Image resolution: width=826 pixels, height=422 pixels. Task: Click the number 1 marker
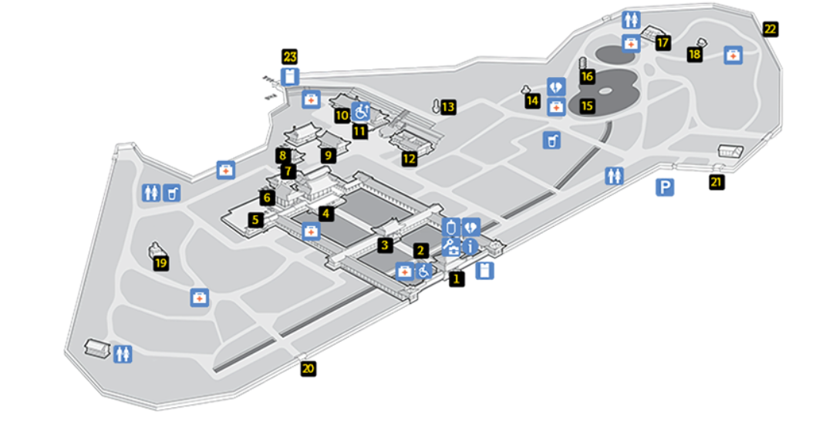pyautogui.click(x=457, y=279)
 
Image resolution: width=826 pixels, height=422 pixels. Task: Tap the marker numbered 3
pyautogui.click(x=384, y=246)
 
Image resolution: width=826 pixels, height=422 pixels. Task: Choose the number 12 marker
pyautogui.click(x=409, y=160)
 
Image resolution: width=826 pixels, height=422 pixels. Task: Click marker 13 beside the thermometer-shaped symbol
pyautogui.click(x=448, y=107)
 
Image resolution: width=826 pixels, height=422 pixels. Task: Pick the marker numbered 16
pyautogui.click(x=588, y=76)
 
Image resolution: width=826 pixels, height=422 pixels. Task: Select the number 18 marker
pyautogui.click(x=695, y=54)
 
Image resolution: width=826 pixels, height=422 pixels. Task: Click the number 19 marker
pyautogui.click(x=161, y=264)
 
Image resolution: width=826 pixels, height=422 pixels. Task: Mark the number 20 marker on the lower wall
pyautogui.click(x=308, y=369)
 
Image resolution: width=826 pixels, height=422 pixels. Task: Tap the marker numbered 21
pyautogui.click(x=717, y=183)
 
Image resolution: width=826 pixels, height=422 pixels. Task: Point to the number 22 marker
pyautogui.click(x=770, y=30)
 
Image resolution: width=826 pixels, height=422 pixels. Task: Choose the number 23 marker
pyautogui.click(x=290, y=57)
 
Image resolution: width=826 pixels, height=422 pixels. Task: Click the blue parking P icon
pyautogui.click(x=665, y=187)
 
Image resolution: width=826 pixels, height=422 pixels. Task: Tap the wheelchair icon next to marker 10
pyautogui.click(x=361, y=111)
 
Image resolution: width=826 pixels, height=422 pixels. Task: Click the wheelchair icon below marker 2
pyautogui.click(x=423, y=271)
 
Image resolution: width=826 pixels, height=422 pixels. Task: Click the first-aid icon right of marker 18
pyautogui.click(x=733, y=55)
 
